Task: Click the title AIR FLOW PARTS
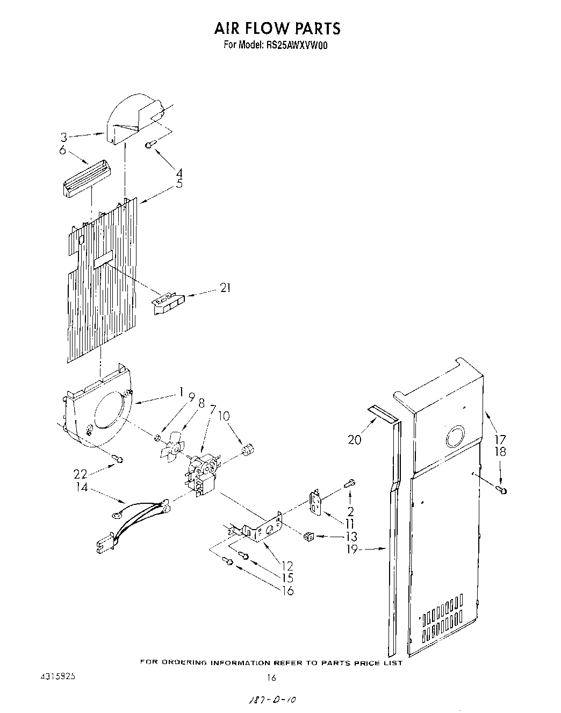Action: pos(278,28)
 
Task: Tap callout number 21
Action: pos(225,288)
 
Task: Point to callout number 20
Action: pos(355,439)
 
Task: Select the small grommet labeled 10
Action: pos(248,449)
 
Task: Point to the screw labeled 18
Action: pos(502,490)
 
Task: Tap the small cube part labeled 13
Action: pos(308,536)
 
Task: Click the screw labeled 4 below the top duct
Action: pos(150,144)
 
